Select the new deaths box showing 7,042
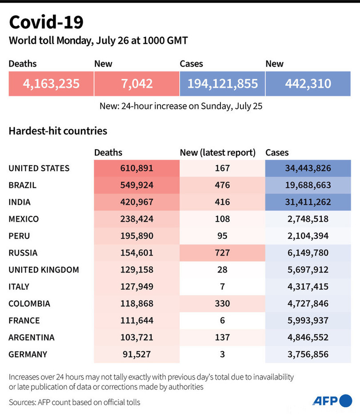(136, 83)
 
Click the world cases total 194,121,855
(222, 83)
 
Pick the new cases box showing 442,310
(308, 83)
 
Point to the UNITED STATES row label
(39, 168)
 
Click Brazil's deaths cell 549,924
(136, 185)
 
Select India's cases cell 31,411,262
(308, 202)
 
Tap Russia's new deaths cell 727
(222, 253)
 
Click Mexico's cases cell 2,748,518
(308, 219)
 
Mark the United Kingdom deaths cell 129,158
(136, 269)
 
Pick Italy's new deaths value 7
(222, 286)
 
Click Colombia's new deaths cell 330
(222, 304)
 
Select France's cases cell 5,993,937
(308, 321)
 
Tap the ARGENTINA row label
(32, 337)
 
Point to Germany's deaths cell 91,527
(136, 354)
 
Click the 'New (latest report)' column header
(218, 152)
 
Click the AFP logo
(332, 401)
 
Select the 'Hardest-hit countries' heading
(58, 131)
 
